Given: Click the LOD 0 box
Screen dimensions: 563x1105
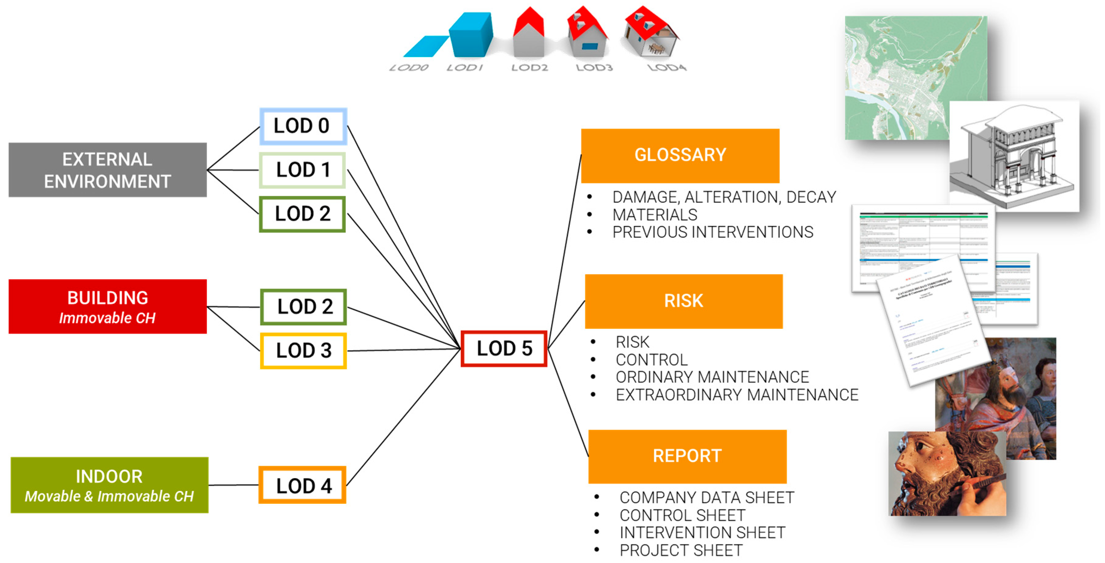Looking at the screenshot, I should click(303, 126).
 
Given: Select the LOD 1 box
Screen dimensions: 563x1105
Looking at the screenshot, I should click(303, 170).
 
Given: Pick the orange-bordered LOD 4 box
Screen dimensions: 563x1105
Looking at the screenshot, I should click(303, 485).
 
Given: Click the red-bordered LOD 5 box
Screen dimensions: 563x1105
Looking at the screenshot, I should click(504, 348).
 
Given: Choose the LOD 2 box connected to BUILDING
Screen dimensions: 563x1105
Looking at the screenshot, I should click(303, 307).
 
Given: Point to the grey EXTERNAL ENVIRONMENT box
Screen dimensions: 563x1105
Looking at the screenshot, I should click(107, 170).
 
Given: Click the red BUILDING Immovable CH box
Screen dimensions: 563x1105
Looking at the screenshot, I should click(107, 307).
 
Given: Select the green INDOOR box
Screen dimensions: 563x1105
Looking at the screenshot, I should click(110, 485).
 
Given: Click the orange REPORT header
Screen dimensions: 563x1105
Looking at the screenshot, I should click(687, 456).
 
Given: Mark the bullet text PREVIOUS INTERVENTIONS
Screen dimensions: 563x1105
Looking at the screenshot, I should click(712, 232).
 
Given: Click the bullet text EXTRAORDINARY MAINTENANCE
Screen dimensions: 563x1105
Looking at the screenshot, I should click(737, 395).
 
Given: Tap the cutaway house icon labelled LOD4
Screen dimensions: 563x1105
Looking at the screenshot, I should click(651, 33).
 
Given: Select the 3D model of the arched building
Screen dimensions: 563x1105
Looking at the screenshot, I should click(1014, 156).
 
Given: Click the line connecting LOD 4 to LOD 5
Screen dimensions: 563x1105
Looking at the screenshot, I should click(403, 418).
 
